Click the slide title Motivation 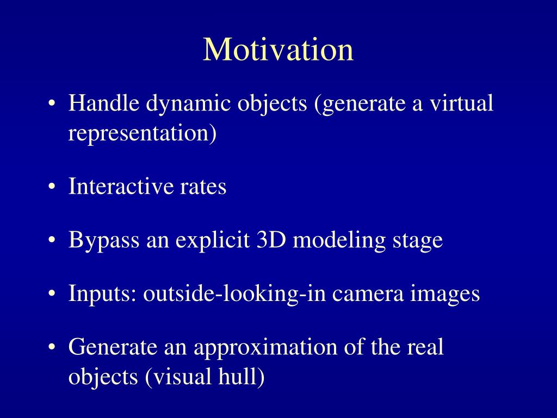(278, 50)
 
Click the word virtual (461, 103)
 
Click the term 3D (271, 239)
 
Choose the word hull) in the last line (241, 377)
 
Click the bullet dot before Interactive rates (52, 187)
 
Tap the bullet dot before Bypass (52, 240)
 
